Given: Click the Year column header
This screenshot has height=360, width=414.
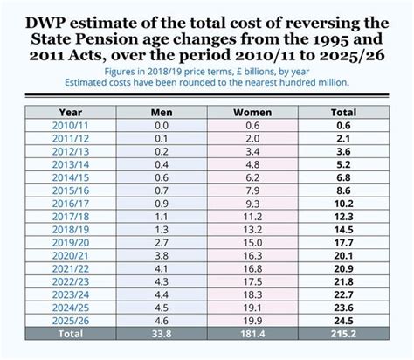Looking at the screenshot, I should point(71,112).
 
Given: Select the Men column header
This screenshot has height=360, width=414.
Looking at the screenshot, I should point(162,112).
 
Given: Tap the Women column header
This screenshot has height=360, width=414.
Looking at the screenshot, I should point(252,112).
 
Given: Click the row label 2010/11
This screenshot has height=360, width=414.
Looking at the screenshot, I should point(71,126).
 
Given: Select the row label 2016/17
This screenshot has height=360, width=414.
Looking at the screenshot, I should point(71,203).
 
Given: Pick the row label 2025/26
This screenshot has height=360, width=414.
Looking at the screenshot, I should point(71,320).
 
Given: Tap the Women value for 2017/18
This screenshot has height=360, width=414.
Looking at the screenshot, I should point(252,216).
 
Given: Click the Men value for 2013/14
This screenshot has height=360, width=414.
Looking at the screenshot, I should point(162,163).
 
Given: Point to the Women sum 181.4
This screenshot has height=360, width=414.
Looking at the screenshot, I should point(252,333).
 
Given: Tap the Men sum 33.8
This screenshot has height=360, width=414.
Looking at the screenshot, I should point(162,333).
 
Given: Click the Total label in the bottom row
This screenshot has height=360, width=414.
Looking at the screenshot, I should point(71,333).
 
